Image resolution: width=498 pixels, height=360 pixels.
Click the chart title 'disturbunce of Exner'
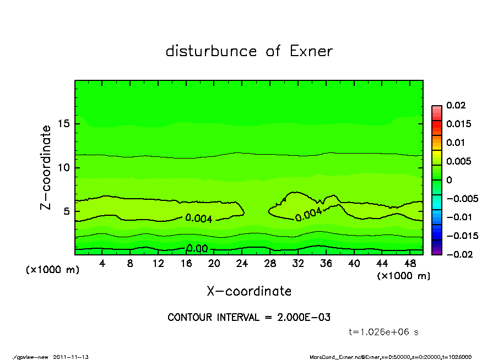click(x=249, y=51)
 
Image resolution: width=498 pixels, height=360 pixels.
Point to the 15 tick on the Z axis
click(x=63, y=124)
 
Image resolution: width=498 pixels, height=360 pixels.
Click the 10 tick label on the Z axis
click(x=63, y=167)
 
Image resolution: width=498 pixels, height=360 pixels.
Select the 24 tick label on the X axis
click(x=242, y=264)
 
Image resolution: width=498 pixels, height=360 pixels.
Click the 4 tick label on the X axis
click(x=102, y=264)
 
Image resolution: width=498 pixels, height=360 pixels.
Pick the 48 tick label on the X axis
click(x=410, y=264)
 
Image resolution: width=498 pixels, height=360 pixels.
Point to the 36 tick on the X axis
click(x=326, y=264)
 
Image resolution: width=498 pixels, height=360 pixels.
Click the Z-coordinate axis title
click(x=46, y=167)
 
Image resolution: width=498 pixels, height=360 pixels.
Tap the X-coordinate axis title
click(x=249, y=291)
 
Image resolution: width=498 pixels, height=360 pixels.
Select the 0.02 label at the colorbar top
click(x=455, y=105)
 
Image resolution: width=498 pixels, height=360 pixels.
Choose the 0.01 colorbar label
click(x=455, y=143)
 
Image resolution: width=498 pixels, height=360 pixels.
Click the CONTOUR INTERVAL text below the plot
click(x=249, y=318)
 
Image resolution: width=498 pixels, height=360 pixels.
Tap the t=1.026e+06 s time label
click(x=385, y=332)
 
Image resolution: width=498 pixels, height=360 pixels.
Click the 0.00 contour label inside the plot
click(x=197, y=248)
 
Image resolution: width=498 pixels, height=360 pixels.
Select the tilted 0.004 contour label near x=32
click(x=308, y=215)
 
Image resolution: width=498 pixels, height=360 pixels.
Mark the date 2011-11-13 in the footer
click(x=71, y=357)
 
